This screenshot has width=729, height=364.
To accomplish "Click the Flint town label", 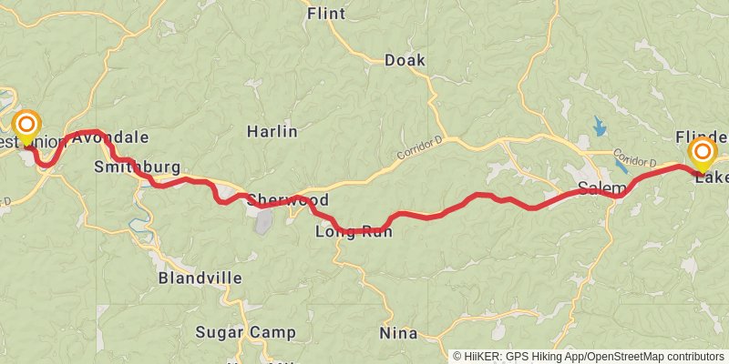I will [326, 14].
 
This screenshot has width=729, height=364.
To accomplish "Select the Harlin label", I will [272, 131].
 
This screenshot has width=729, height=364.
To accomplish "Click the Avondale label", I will [109, 137].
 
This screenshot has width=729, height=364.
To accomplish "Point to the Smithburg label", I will [137, 167].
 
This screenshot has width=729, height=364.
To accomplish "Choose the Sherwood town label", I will [287, 199].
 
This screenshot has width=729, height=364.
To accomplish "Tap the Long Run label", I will [354, 232].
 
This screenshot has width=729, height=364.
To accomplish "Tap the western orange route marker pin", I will [28, 125].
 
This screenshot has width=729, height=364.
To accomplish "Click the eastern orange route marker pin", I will [703, 152].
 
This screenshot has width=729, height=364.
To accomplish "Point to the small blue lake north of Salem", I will [599, 125].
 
